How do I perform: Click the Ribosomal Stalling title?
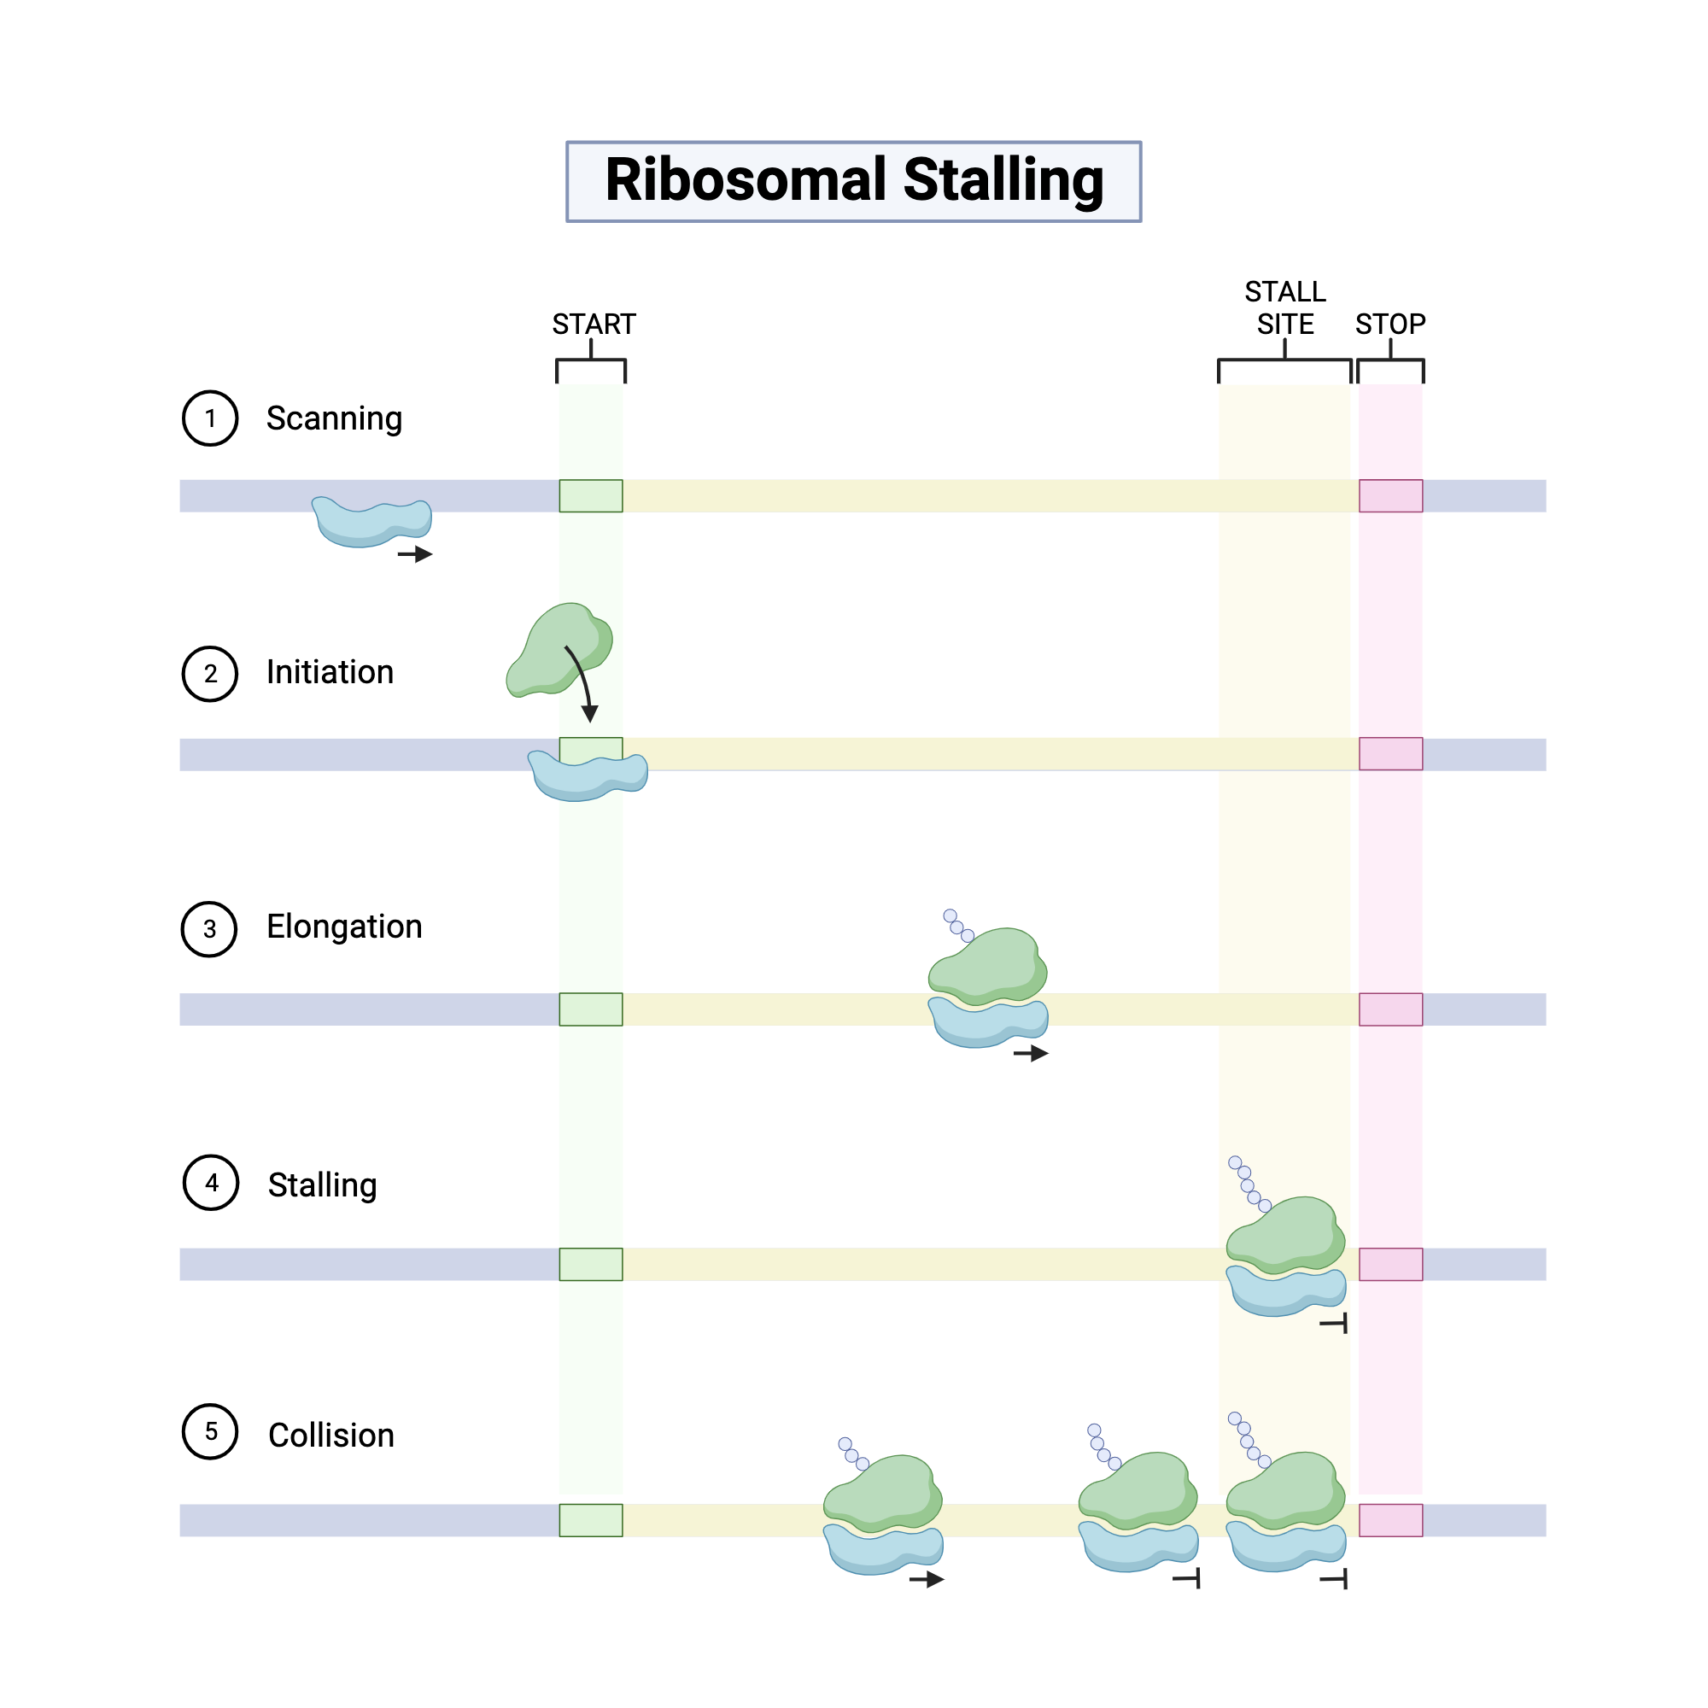pos(853,180)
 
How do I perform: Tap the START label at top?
pos(594,325)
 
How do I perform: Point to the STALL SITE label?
pos(1284,307)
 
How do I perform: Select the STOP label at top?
pos(1389,325)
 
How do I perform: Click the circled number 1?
pos(209,418)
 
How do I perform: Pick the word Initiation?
pos(330,673)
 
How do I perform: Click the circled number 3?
pos(209,929)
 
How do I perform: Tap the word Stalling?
pos(322,1184)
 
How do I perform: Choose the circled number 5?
pos(210,1431)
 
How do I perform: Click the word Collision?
pos(330,1435)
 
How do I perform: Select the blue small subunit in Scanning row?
pos(371,524)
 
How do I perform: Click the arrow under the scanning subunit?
pos(415,554)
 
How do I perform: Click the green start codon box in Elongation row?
pos(591,1009)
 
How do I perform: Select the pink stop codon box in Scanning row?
pos(1389,496)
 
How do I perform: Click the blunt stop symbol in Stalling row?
pos(1335,1324)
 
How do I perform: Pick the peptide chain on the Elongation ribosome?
pos(957,926)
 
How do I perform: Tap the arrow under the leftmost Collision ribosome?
pos(927,1579)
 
